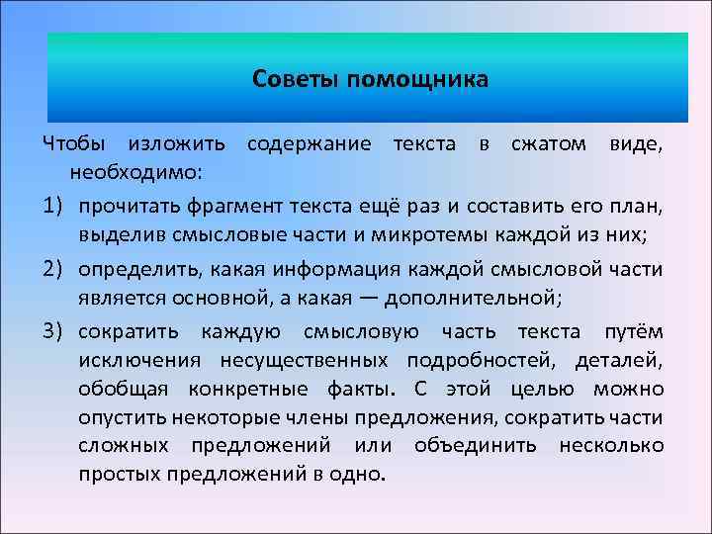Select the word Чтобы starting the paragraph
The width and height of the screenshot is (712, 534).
click(x=72, y=145)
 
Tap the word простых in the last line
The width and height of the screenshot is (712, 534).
click(x=116, y=474)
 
